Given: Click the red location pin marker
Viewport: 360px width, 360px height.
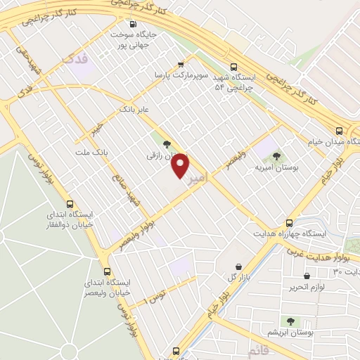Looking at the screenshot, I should click(181, 165).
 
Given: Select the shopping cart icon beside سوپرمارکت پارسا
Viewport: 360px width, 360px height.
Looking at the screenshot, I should click(181, 63).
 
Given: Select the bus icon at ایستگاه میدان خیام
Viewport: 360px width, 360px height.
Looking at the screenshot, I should click(340, 131).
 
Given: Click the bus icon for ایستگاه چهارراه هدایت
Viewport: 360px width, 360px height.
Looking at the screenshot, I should click(289, 221).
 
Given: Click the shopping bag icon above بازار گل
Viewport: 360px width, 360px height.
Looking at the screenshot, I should click(240, 266).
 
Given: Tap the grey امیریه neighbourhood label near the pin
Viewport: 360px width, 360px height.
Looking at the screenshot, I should click(198, 180).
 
